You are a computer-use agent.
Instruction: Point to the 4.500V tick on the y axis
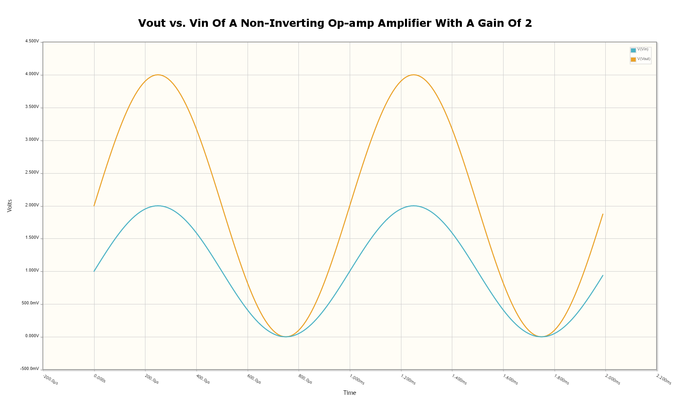32,42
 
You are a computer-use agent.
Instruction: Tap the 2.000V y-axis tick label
32,206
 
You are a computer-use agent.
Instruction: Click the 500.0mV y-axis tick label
30,304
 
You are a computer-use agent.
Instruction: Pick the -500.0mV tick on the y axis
30,369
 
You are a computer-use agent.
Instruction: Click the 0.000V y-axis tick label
32,336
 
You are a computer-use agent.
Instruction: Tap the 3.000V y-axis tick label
32,140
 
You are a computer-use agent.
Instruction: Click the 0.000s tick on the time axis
99,378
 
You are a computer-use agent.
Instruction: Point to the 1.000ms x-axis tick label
357,380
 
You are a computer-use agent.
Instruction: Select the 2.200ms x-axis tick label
663,380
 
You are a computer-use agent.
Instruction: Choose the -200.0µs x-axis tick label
50,380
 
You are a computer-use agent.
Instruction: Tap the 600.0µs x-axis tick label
254,380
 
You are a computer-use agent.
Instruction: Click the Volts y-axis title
10,206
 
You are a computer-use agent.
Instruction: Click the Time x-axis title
349,393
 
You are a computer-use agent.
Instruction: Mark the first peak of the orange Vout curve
158,75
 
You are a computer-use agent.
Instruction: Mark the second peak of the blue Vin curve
413,206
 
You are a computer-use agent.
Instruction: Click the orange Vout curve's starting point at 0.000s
94,206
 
